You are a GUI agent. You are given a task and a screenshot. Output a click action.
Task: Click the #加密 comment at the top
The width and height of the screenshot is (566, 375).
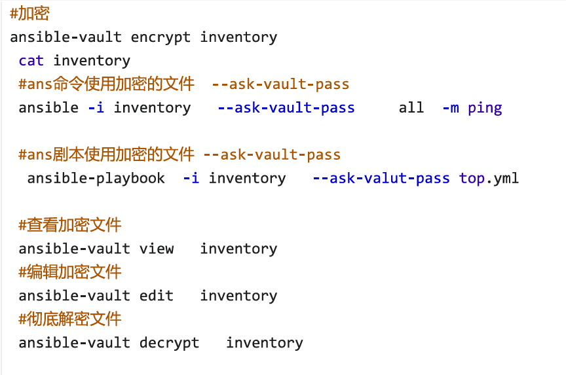pyautogui.click(x=29, y=14)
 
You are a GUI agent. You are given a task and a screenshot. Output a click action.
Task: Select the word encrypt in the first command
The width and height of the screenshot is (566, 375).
pyautogui.click(x=160, y=37)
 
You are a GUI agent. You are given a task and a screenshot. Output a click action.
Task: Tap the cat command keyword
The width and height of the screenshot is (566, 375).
pyautogui.click(x=31, y=61)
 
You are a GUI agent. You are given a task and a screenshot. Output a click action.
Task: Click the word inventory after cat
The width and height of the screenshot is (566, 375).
pyautogui.click(x=92, y=61)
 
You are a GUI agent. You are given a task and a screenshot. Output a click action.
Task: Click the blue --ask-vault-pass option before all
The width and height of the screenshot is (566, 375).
pyautogui.click(x=286, y=108)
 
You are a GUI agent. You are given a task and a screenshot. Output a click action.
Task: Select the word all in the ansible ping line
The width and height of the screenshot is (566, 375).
pyautogui.click(x=411, y=108)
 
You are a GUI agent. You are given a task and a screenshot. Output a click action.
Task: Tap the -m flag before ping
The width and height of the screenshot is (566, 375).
pyautogui.click(x=451, y=108)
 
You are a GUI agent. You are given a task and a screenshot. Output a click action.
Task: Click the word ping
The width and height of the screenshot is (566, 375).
pyautogui.click(x=485, y=108)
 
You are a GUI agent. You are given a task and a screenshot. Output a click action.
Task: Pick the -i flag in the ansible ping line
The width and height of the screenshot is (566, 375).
pyautogui.click(x=96, y=108)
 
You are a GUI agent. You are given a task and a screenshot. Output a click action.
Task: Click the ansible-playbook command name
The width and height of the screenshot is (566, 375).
pyautogui.click(x=96, y=178)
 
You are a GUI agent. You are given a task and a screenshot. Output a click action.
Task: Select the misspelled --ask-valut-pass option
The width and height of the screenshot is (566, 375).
pyautogui.click(x=381, y=178)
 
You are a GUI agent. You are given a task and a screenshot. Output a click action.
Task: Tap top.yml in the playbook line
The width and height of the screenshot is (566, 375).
pyautogui.click(x=489, y=178)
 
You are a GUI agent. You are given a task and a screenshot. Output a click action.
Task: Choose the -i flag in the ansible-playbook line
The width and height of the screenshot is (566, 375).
pyautogui.click(x=191, y=178)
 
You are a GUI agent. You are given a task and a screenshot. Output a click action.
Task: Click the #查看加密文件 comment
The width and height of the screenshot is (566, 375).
pyautogui.click(x=70, y=225)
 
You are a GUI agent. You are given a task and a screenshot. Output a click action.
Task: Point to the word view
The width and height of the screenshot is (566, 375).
pyautogui.click(x=157, y=249)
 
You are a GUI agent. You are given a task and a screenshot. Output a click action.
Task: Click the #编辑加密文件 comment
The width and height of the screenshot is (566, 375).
pyautogui.click(x=70, y=272)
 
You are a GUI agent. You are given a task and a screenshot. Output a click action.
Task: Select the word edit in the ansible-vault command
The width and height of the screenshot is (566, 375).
pyautogui.click(x=157, y=296)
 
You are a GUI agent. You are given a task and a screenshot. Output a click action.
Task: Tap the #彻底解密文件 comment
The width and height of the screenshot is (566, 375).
pyautogui.click(x=70, y=319)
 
